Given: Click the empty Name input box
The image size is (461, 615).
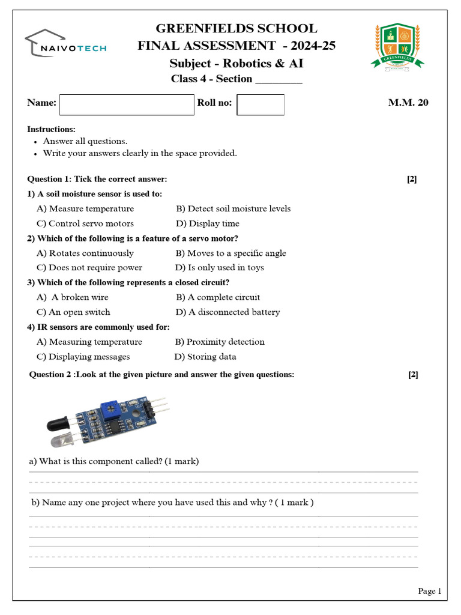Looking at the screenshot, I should coord(127,105).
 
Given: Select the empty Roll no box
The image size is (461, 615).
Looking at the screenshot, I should coord(261,105).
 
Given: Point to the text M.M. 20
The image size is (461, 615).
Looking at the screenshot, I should coord(408,103).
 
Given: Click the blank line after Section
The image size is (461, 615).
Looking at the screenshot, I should coord(279,80).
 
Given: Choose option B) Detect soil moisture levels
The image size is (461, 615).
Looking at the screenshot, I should coord(233,209).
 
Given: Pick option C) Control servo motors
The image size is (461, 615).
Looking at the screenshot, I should coord(85,223).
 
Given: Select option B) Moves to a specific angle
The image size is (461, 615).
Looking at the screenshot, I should coord(231,253).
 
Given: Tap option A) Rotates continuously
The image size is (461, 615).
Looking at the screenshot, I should coord(85,253).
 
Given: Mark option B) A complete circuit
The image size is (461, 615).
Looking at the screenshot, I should coord(218,297).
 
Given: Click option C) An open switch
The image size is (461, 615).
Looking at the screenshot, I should coord(73,312).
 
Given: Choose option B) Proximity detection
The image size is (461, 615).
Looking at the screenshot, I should coord(220,342).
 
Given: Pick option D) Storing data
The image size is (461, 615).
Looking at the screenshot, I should coord(205,357).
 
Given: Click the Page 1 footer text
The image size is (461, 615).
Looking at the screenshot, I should coord(429,591).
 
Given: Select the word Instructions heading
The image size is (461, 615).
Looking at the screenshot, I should coord(52,130).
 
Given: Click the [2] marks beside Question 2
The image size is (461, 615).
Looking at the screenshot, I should coord(413,375).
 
